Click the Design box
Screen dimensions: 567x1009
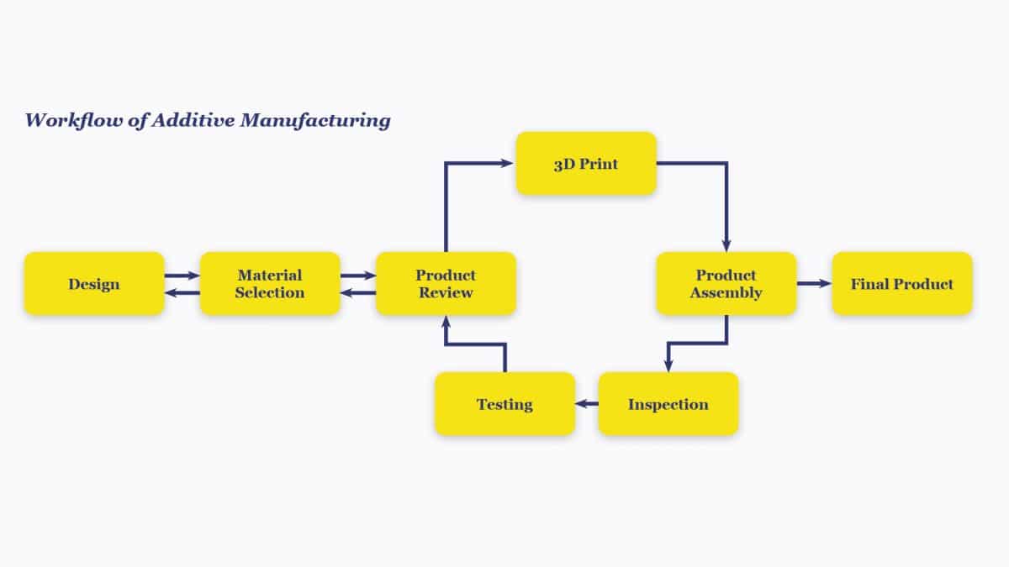click(x=94, y=284)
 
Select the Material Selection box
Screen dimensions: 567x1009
click(x=270, y=284)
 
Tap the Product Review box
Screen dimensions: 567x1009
click(x=446, y=284)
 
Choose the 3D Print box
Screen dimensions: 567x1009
click(x=586, y=164)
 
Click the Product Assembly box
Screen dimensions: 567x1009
click(x=726, y=284)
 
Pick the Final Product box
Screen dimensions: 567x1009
click(x=902, y=284)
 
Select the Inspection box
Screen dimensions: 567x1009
click(x=668, y=404)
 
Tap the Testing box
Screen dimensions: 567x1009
click(x=504, y=404)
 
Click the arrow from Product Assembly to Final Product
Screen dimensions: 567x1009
click(x=813, y=284)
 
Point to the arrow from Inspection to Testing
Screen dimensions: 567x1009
click(x=587, y=404)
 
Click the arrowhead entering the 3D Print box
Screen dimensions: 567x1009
click(x=508, y=164)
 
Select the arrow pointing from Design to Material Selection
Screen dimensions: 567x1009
click(x=182, y=275)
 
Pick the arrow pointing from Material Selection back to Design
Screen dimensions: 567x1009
click(x=182, y=293)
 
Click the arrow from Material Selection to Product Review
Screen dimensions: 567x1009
click(x=357, y=275)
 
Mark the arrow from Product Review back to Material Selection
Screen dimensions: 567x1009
click(x=357, y=293)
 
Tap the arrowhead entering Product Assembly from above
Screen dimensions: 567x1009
click(x=726, y=244)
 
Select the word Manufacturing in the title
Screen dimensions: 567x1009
click(x=315, y=120)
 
